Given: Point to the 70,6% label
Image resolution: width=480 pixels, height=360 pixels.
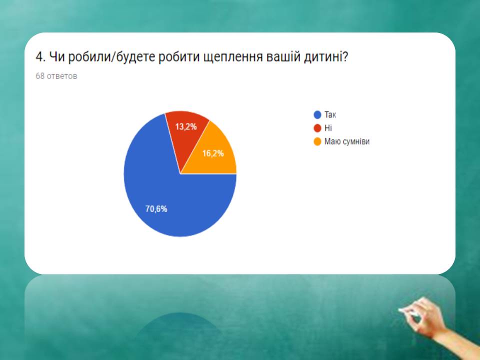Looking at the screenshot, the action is coord(156,209).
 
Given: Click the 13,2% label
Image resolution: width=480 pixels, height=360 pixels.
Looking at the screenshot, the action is coord(186,126).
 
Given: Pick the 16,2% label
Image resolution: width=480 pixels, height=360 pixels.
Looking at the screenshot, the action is coord(213,153).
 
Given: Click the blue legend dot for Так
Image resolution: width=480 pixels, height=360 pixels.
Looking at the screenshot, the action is coord(317,115).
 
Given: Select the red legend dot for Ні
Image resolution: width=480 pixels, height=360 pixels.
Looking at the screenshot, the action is coord(317,128).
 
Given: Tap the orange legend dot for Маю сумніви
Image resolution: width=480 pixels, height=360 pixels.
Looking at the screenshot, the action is coord(317,141).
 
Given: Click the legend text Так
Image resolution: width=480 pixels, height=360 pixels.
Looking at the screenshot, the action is coord(330,115).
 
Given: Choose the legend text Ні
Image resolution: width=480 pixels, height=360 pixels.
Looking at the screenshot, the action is coord(328,128).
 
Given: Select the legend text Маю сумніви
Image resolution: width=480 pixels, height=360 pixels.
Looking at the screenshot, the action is coord(347,141).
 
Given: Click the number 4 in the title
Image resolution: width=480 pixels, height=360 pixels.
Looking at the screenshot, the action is coord(39,57).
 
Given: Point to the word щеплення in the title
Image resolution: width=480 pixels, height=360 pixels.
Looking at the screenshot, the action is coord(233,57).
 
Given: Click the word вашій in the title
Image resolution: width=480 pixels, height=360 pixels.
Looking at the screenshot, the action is coord(283,57).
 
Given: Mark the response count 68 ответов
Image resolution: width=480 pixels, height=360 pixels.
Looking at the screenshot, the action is coord(56,76).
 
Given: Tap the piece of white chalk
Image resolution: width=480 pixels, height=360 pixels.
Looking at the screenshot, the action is coord(408,312).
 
